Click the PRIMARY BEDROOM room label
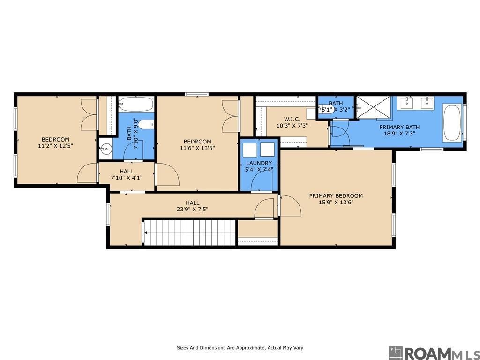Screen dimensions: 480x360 [336, 195]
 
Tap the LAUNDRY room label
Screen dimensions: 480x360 [259, 163]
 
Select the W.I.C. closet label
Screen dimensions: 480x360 [292, 119]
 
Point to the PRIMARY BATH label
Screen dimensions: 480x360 [399, 127]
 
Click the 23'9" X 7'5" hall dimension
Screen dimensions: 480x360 [193, 210]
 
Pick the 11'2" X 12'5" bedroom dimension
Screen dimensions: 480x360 [55, 146]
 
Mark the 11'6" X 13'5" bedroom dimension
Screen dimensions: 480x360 [197, 148]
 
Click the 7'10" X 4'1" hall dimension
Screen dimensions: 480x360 [127, 178]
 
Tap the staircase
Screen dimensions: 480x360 [190, 232]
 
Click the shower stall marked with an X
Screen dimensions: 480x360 [374, 107]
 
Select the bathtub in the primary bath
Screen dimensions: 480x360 [452, 123]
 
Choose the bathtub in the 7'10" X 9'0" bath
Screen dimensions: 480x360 [135, 104]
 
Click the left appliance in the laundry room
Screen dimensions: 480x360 [250, 149]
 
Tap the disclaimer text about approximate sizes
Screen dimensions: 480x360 [240, 348]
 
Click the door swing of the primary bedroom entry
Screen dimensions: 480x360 [290, 205]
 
